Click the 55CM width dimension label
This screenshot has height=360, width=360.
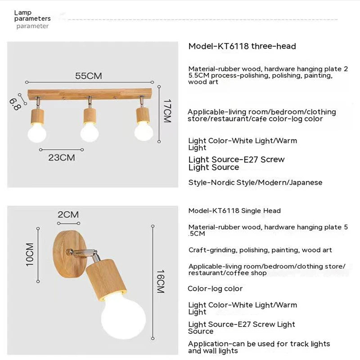88,76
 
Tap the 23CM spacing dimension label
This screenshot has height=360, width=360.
62,157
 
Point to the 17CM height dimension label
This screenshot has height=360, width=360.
167,111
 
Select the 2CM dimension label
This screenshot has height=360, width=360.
68,214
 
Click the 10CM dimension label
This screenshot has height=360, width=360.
30,254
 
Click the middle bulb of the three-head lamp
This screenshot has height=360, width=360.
90,132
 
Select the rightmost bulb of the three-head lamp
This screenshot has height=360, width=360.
144,131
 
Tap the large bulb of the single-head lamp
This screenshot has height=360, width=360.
123,315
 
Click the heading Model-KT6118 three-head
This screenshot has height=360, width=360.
242,46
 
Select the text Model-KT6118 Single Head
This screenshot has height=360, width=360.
234,211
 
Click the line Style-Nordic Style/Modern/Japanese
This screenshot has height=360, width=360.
255,183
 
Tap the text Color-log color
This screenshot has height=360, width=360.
215,288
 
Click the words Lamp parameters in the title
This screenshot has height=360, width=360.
32,16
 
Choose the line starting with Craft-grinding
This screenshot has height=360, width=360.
260,250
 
